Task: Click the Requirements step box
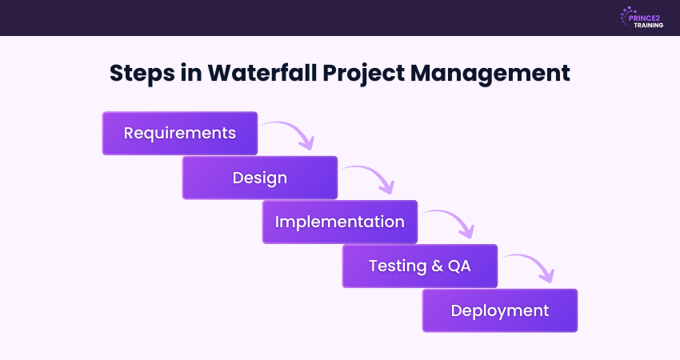pos(180,133)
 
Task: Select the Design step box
pos(260,178)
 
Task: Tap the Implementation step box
pos(340,222)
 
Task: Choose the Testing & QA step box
pos(420,266)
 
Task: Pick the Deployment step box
pos(500,310)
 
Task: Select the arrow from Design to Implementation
pos(370,178)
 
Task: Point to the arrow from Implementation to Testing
pos(450,222)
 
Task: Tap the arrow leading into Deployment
pos(530,266)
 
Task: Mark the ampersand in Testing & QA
pos(437,266)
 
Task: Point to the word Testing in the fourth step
pos(398,266)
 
